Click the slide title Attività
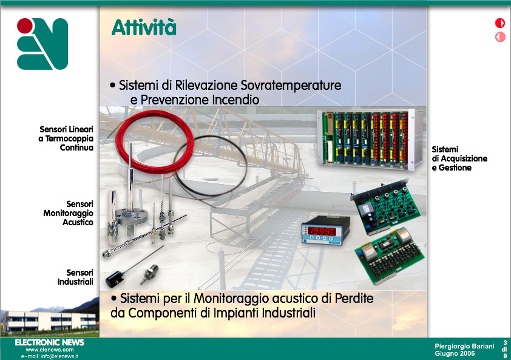[144, 27]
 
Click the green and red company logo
[42, 44]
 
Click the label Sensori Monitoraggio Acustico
[69, 213]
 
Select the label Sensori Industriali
[75, 277]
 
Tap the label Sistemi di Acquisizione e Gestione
[459, 158]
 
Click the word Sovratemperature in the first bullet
[291, 86]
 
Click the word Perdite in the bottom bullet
[354, 298]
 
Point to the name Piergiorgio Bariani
[464, 346]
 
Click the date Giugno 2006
[455, 353]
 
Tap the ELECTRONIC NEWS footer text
[50, 342]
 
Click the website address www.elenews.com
[50, 350]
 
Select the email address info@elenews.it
[59, 356]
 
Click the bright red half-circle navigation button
[500, 23]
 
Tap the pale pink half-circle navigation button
[500, 37]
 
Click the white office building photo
[50, 321]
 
